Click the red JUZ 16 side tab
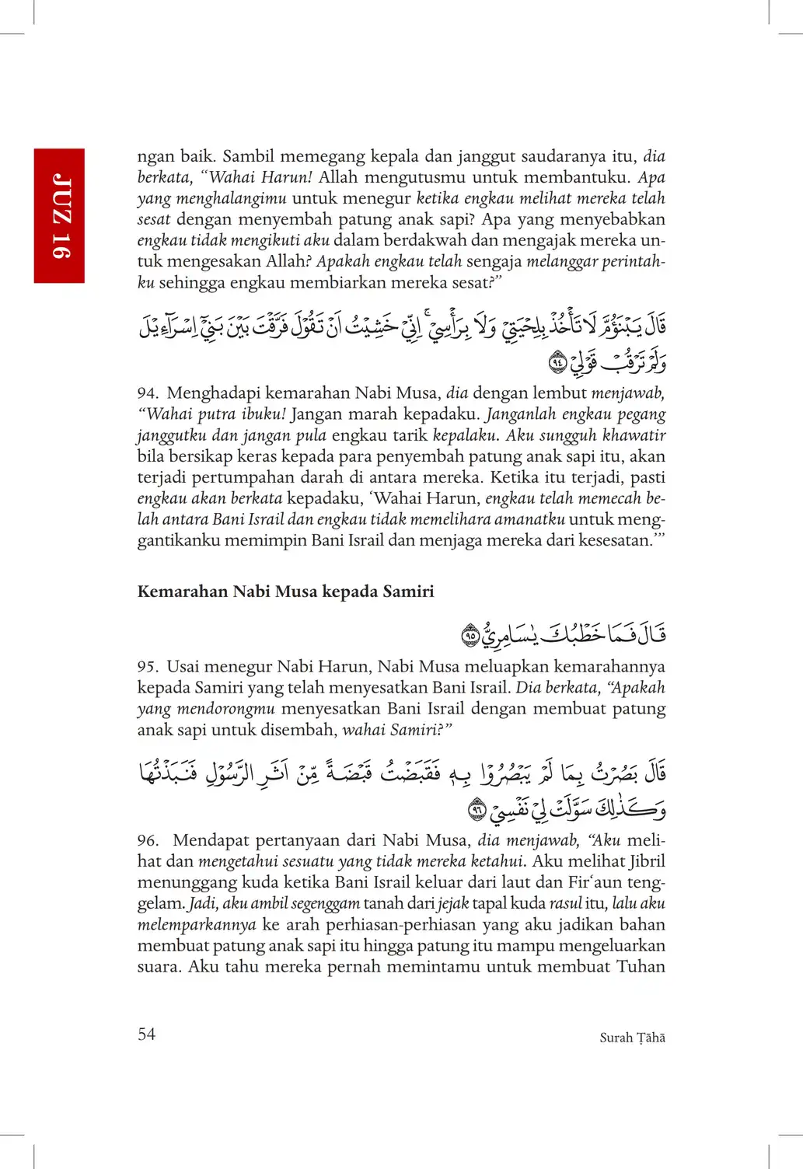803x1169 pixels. point(59,215)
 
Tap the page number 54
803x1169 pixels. point(146,1034)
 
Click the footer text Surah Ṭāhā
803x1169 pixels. point(632,1038)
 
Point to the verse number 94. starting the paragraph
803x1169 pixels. point(148,393)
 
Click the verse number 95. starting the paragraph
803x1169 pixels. point(148,667)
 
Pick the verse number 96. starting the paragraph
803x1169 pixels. point(148,840)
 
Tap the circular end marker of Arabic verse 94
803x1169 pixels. point(557,361)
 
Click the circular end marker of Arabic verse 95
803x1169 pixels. point(470,636)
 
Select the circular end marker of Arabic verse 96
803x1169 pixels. point(477,811)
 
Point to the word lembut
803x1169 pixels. point(558,393)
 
